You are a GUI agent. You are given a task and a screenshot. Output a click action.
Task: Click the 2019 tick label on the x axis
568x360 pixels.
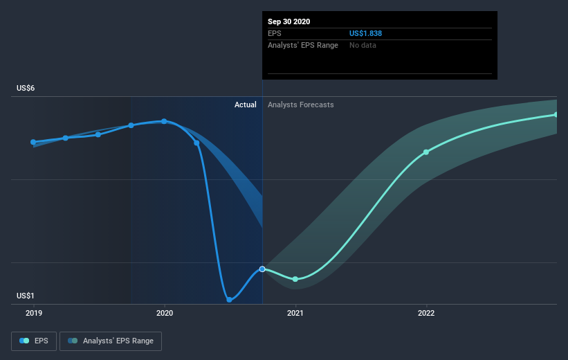[x=34, y=313]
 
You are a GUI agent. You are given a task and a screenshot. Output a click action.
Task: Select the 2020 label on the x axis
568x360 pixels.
[x=165, y=313]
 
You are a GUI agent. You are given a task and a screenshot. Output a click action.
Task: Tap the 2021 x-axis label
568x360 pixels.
[x=295, y=313]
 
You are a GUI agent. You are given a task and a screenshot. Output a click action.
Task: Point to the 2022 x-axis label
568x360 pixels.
[x=426, y=313]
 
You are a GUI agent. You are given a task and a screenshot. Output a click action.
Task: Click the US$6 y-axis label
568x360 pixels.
[x=26, y=88]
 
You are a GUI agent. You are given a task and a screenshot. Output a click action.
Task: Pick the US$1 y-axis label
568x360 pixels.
[x=26, y=296]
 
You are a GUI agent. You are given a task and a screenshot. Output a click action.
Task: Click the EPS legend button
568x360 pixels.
[x=34, y=341]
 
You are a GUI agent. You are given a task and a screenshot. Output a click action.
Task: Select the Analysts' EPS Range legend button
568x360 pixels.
[x=111, y=341]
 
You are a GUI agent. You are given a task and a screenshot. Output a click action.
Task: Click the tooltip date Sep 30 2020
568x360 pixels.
[x=288, y=21]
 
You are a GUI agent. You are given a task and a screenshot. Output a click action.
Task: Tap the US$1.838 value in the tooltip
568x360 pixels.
[x=365, y=33]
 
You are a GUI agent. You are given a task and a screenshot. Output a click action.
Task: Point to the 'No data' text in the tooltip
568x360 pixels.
[x=363, y=45]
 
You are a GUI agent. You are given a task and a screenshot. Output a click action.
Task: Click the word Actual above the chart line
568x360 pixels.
[x=245, y=105]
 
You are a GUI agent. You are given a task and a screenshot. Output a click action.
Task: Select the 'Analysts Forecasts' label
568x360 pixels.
[x=301, y=105]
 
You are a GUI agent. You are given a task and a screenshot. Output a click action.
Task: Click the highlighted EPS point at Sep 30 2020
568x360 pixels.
[x=262, y=269]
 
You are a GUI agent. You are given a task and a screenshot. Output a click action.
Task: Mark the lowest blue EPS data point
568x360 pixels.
[x=229, y=300]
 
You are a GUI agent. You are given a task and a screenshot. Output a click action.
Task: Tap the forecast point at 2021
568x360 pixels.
[x=295, y=279]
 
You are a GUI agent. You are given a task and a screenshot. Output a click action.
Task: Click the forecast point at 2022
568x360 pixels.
[x=426, y=152]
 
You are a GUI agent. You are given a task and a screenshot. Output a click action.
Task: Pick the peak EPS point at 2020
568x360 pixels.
[x=164, y=121]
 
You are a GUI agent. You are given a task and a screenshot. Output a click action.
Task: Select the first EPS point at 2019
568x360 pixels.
[x=33, y=142]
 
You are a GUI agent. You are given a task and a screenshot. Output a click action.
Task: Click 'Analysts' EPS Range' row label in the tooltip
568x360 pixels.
[x=303, y=45]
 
